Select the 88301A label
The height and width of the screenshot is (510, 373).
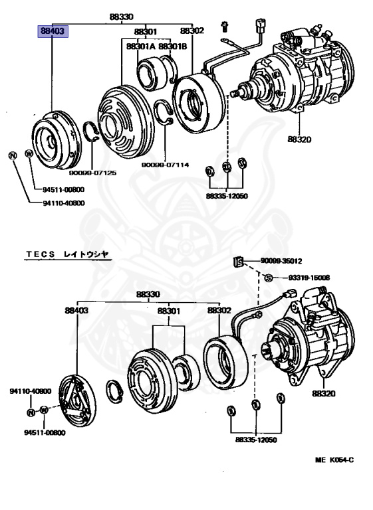pos(136,46)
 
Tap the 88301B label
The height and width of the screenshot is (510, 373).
pos(172,46)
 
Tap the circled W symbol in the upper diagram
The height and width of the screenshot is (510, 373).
pos(29,153)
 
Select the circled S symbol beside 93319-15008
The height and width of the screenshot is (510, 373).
pos(267,278)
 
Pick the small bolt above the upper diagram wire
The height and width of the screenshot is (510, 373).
pos(225,27)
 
